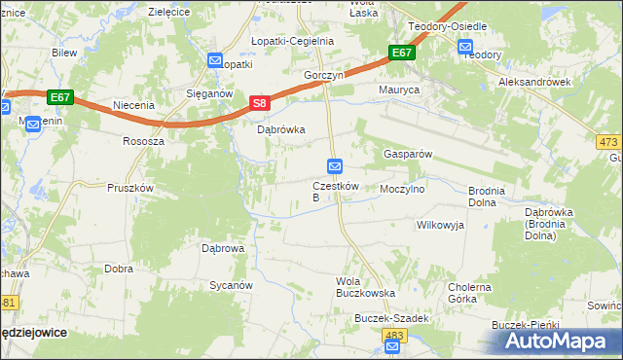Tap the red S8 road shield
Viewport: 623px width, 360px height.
click(x=258, y=102)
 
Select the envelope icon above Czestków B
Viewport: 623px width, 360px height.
click(x=335, y=167)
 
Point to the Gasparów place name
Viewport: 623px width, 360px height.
click(x=407, y=155)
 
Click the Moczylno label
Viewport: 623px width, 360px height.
click(x=402, y=190)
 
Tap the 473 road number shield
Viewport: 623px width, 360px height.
click(x=608, y=142)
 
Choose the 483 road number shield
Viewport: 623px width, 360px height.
click(x=393, y=336)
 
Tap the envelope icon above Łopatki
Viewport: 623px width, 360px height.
click(x=215, y=60)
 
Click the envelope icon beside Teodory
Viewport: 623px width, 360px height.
click(x=465, y=47)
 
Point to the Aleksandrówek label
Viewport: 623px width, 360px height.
click(x=533, y=83)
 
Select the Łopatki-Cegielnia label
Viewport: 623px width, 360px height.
click(x=292, y=41)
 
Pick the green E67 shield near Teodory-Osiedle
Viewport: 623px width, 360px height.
click(x=401, y=54)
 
